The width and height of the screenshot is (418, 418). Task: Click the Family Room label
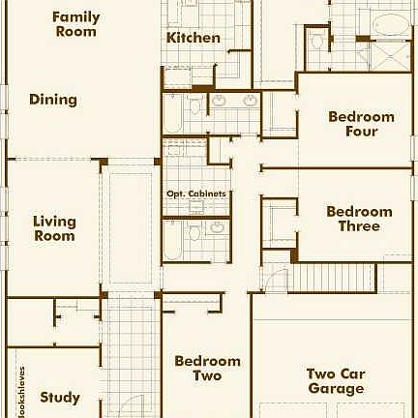click(75, 24)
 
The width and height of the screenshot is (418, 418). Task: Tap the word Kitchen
click(194, 38)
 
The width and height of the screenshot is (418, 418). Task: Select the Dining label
click(53, 100)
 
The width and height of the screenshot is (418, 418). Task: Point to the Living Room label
click(54, 228)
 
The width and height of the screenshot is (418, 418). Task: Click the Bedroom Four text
click(361, 124)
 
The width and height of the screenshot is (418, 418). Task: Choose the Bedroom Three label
click(359, 219)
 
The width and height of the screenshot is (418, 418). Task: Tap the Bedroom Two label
click(207, 369)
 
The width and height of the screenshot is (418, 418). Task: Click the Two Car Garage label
click(336, 381)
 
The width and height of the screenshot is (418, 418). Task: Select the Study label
click(60, 397)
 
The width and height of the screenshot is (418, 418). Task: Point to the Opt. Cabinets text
click(196, 194)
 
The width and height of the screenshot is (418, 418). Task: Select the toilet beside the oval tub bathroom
click(318, 42)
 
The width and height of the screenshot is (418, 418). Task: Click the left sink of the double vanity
click(220, 101)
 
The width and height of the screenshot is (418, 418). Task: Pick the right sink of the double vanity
click(250, 101)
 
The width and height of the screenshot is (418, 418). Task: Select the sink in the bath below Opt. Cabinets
click(217, 228)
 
